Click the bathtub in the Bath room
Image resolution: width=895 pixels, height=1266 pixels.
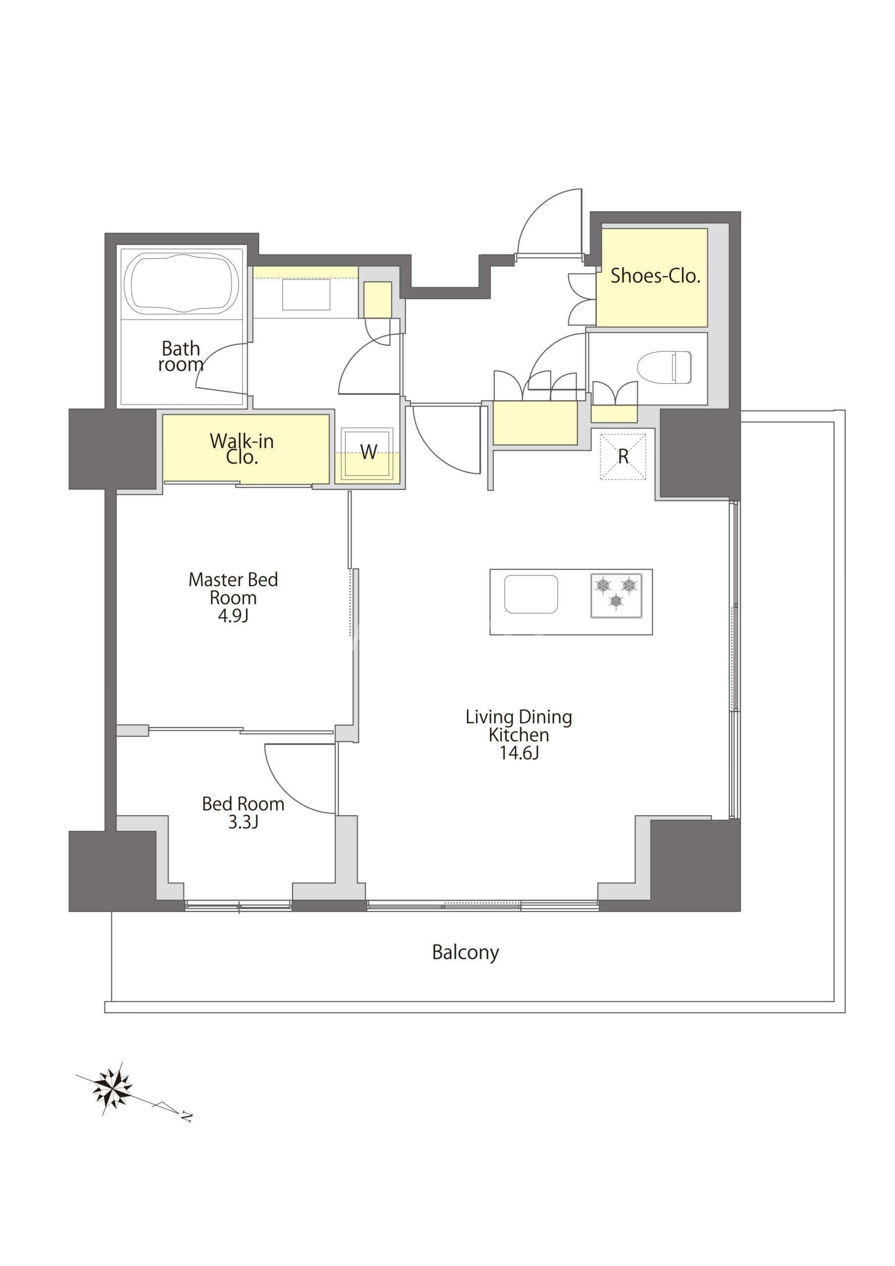click(x=181, y=284)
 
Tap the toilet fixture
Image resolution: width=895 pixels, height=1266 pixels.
click(x=665, y=366)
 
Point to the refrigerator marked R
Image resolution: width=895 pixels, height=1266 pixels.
click(x=623, y=457)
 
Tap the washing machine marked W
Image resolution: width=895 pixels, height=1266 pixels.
click(x=367, y=454)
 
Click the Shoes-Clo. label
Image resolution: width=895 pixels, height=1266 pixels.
click(x=655, y=275)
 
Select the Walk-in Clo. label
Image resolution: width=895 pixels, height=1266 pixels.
click(x=242, y=449)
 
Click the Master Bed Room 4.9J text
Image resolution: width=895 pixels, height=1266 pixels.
click(x=233, y=597)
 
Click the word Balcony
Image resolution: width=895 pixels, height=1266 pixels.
click(x=465, y=953)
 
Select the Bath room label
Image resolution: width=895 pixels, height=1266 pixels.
click(x=180, y=356)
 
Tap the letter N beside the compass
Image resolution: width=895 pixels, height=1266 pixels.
click(x=187, y=1117)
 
